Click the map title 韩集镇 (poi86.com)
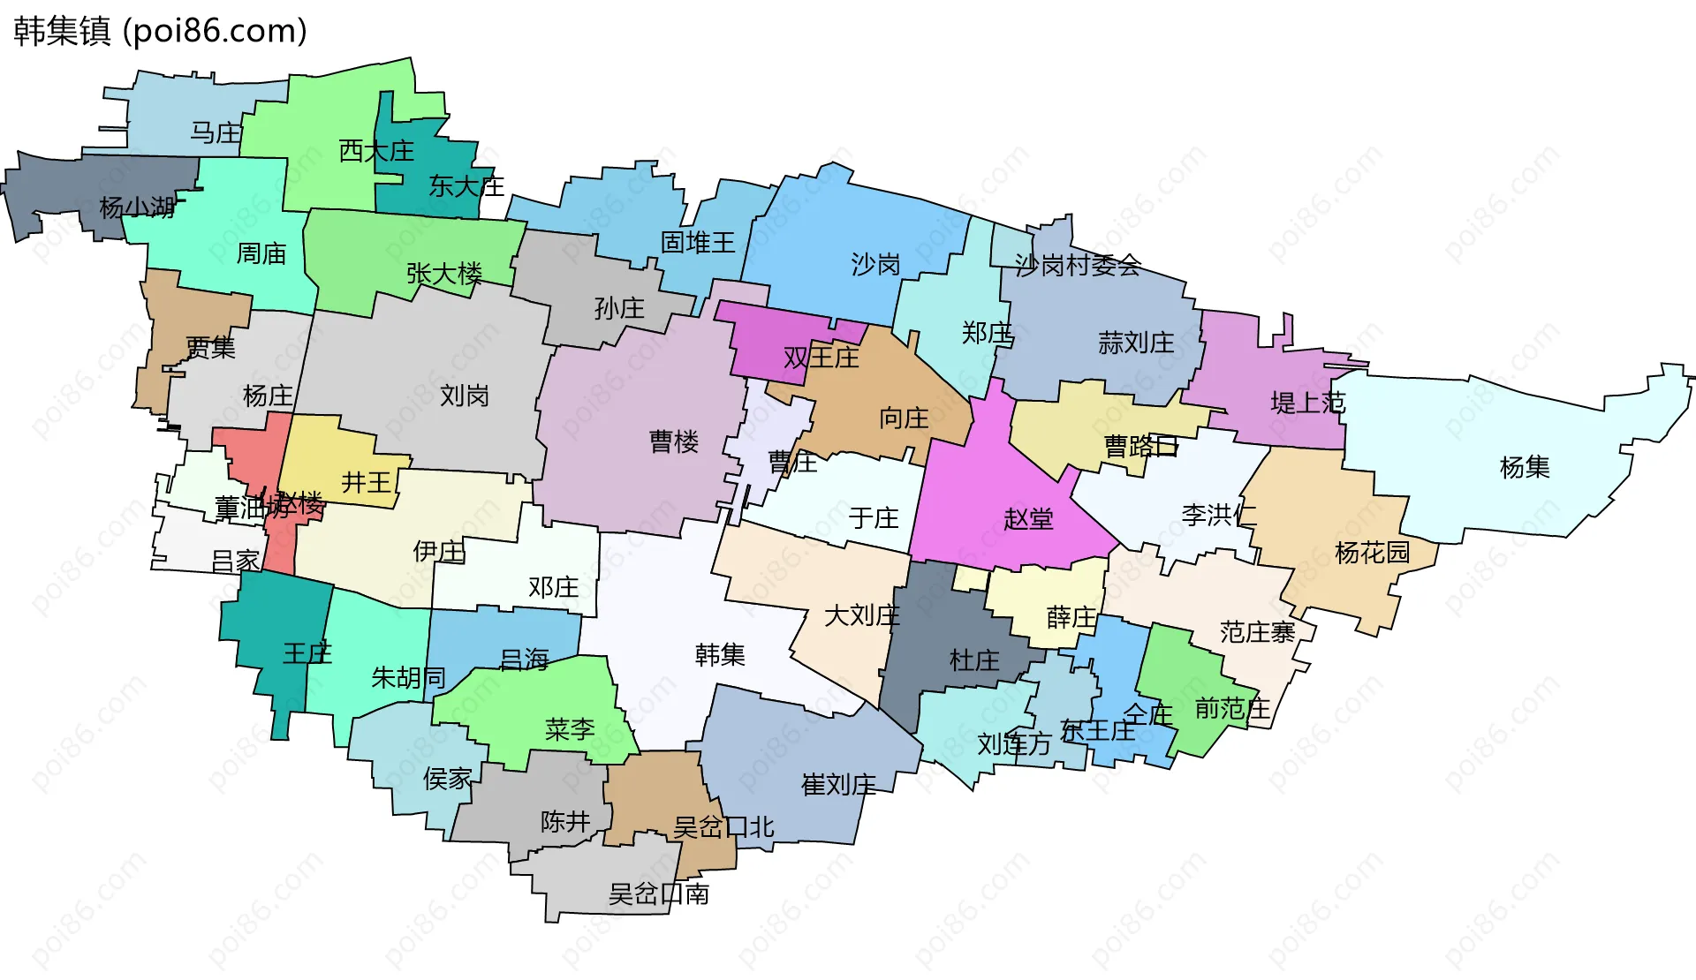point(160,31)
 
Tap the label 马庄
point(216,133)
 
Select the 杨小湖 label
point(137,207)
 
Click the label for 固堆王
point(698,242)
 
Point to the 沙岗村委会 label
point(1078,265)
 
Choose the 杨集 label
point(1525,467)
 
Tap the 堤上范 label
point(1307,403)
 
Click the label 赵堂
point(1028,518)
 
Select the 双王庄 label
point(821,357)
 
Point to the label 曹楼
point(674,441)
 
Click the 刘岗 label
point(465,396)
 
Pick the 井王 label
point(366,482)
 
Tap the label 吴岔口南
point(659,894)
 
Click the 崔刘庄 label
point(838,784)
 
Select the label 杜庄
point(974,660)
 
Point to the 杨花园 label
point(1373,553)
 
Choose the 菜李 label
point(570,729)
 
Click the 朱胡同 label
point(408,677)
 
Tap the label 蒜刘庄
point(1136,343)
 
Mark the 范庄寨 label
point(1257,632)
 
